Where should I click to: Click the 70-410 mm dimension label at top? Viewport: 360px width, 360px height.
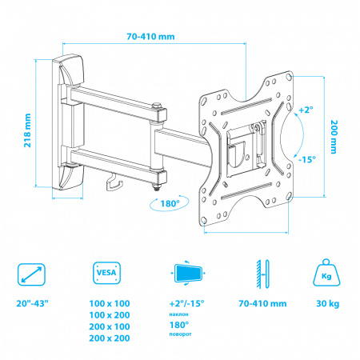pos(150,37)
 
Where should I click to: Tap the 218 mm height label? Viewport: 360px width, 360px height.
pos(27,130)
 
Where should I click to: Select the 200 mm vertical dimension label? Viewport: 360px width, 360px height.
pos(334,137)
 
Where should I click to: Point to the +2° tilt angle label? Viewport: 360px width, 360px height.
pos(306,110)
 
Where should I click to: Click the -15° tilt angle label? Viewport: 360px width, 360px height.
pos(307,159)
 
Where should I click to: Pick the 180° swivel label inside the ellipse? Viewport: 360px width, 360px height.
pos(170,204)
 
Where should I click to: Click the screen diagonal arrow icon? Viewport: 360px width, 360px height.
pos(31,274)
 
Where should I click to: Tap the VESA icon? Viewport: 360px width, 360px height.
pos(106,273)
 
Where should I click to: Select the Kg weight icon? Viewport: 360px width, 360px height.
pos(326,273)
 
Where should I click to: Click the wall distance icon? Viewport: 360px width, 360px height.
pos(263,274)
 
